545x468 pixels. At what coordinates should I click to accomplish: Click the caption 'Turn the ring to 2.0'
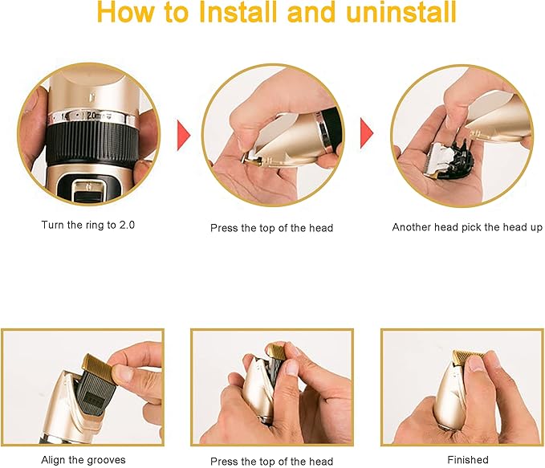(88, 226)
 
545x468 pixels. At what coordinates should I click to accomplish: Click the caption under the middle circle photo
(271, 228)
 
